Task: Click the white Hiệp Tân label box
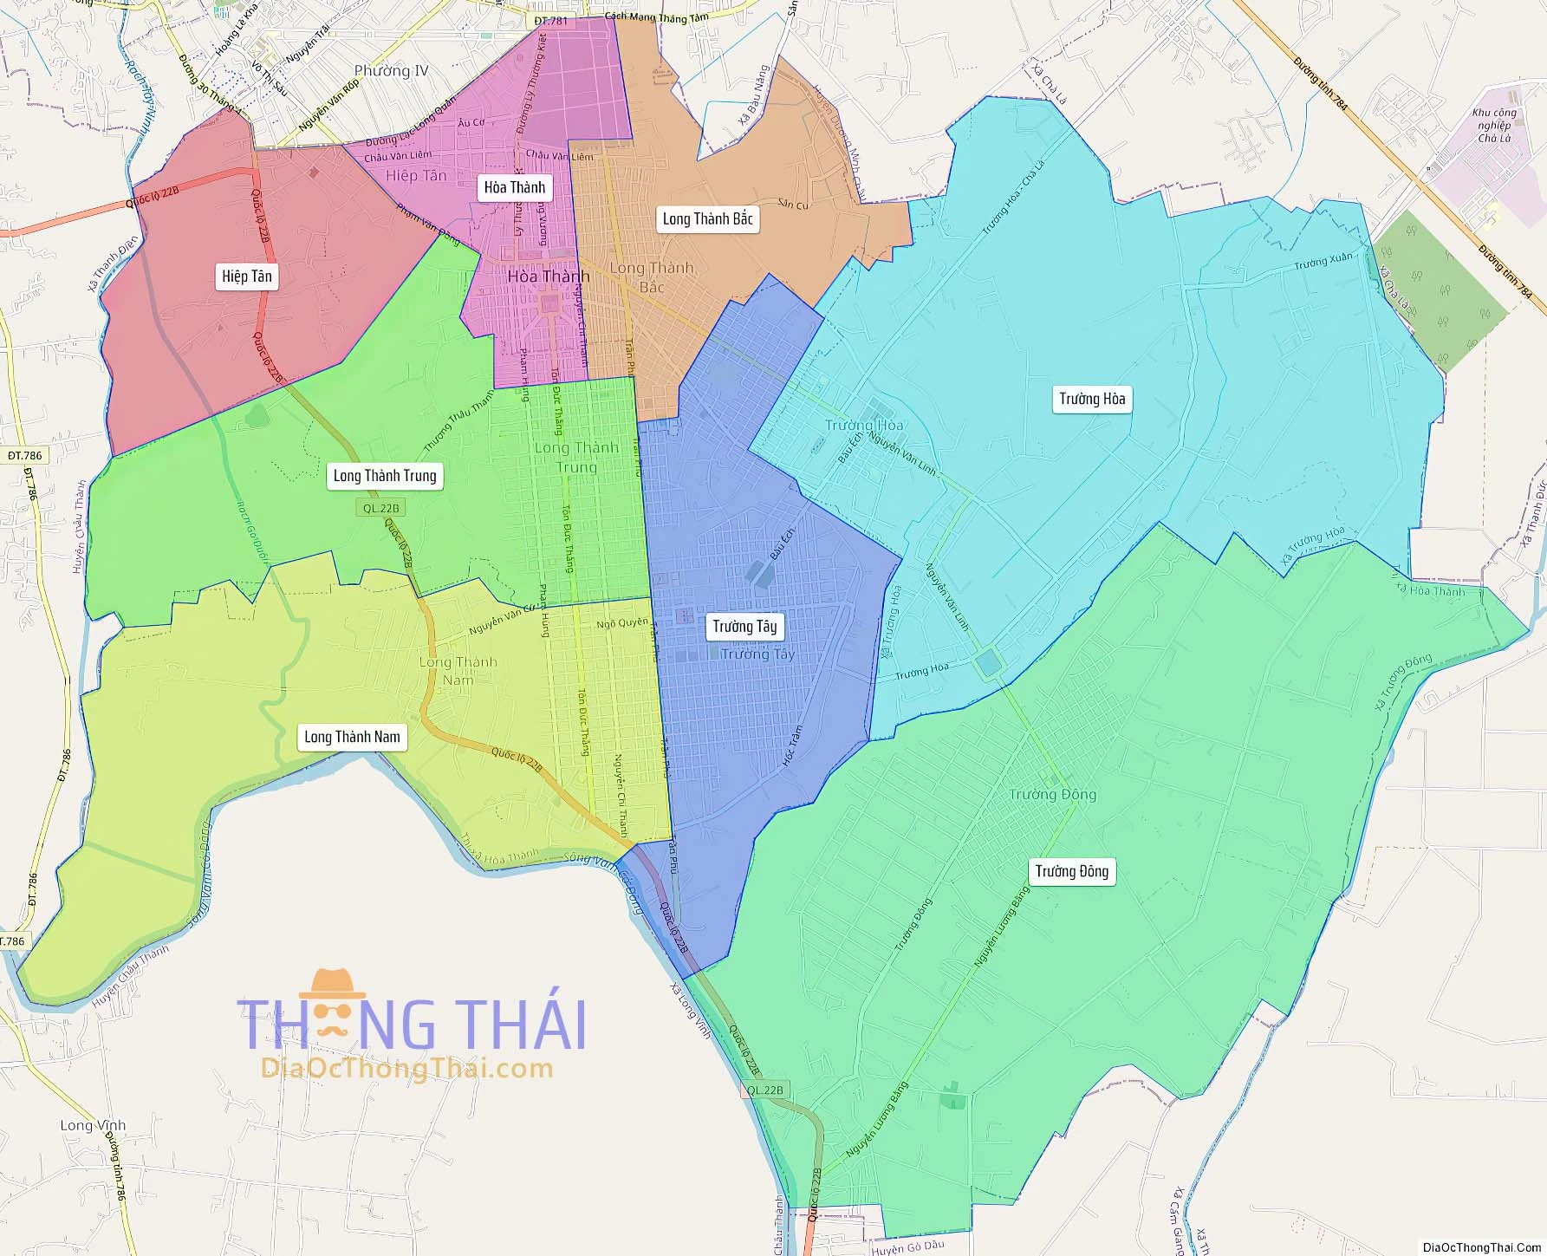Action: [247, 277]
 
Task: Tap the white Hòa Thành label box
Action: [515, 187]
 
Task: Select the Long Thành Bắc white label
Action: [707, 218]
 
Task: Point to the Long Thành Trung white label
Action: [385, 475]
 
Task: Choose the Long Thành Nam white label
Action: [352, 737]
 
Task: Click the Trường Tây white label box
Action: [744, 626]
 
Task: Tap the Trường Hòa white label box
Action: [1092, 399]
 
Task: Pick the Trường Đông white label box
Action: [1071, 871]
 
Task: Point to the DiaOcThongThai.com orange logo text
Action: [407, 1069]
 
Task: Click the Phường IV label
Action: [391, 71]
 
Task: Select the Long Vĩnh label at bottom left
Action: [93, 1125]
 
